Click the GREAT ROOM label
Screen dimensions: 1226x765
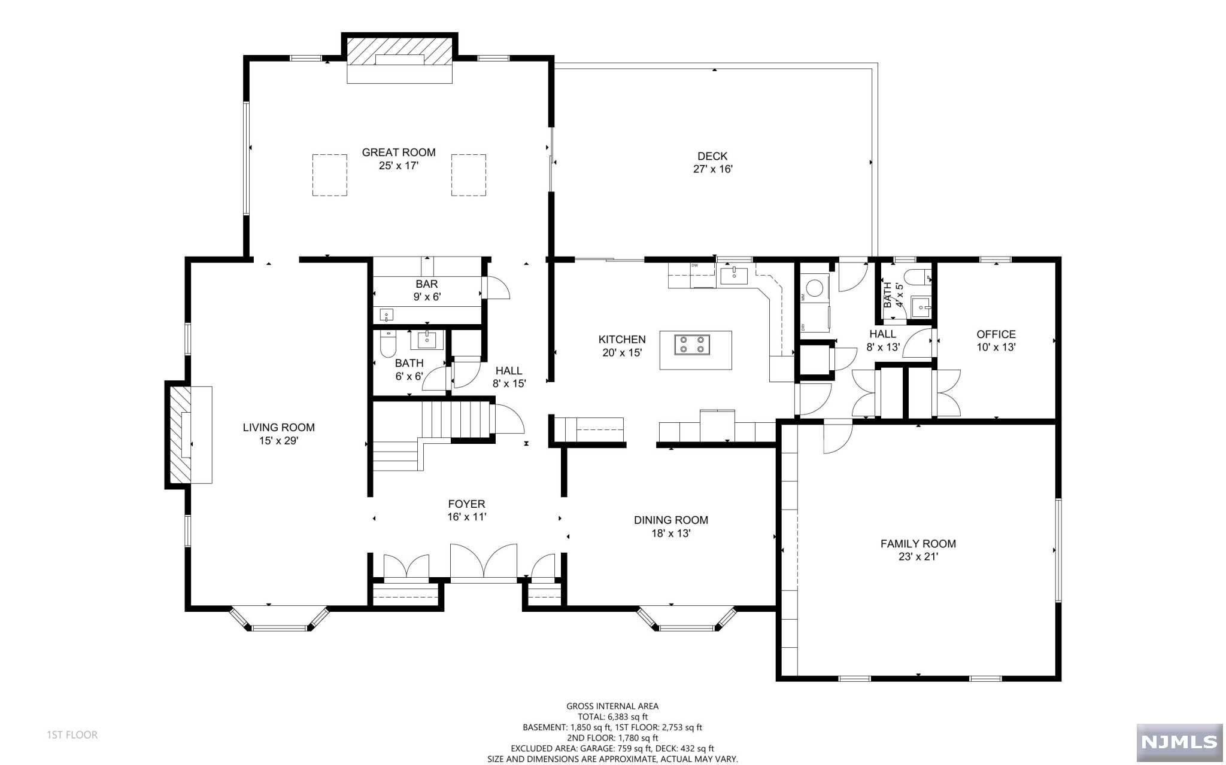(399, 153)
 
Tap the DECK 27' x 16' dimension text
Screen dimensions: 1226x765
(713, 169)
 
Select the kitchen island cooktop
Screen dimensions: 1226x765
(692, 345)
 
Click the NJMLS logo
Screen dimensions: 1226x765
(1179, 742)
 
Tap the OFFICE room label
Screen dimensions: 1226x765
(996, 334)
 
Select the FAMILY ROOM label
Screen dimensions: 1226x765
(918, 544)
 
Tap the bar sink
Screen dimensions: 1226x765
(387, 314)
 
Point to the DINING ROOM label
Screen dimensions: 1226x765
(671, 520)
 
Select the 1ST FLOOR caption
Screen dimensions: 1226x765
(72, 735)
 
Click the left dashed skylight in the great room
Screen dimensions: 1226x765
(330, 175)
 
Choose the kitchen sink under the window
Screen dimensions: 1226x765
(734, 276)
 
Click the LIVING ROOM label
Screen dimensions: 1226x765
(279, 428)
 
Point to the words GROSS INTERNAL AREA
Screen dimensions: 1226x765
(612, 706)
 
